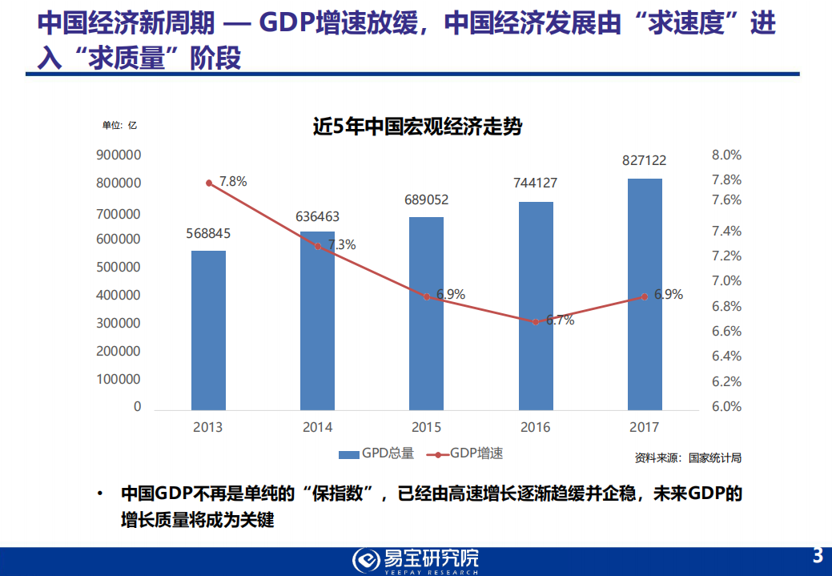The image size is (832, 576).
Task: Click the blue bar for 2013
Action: tap(208, 330)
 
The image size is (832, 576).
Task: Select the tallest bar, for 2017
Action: tap(645, 294)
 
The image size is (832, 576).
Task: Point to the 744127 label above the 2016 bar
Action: tap(535, 183)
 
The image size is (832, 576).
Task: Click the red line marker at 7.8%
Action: tap(209, 183)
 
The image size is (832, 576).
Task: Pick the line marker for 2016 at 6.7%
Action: tap(536, 321)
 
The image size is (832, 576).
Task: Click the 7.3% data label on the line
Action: tap(342, 245)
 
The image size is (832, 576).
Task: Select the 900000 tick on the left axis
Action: tap(119, 155)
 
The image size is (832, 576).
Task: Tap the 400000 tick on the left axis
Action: tap(119, 295)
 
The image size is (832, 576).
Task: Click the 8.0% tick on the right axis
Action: tap(726, 155)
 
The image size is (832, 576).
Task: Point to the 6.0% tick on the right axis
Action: tap(726, 406)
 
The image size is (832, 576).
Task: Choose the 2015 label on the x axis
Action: tap(426, 427)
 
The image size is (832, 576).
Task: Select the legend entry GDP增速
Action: tap(466, 453)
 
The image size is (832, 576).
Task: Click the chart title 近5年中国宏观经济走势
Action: tap(417, 126)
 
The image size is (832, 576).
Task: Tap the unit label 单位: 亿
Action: tap(120, 125)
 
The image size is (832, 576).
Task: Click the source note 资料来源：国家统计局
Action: tap(688, 458)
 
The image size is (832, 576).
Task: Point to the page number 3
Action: tap(818, 555)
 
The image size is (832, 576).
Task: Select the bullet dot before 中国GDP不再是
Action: tap(99, 493)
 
